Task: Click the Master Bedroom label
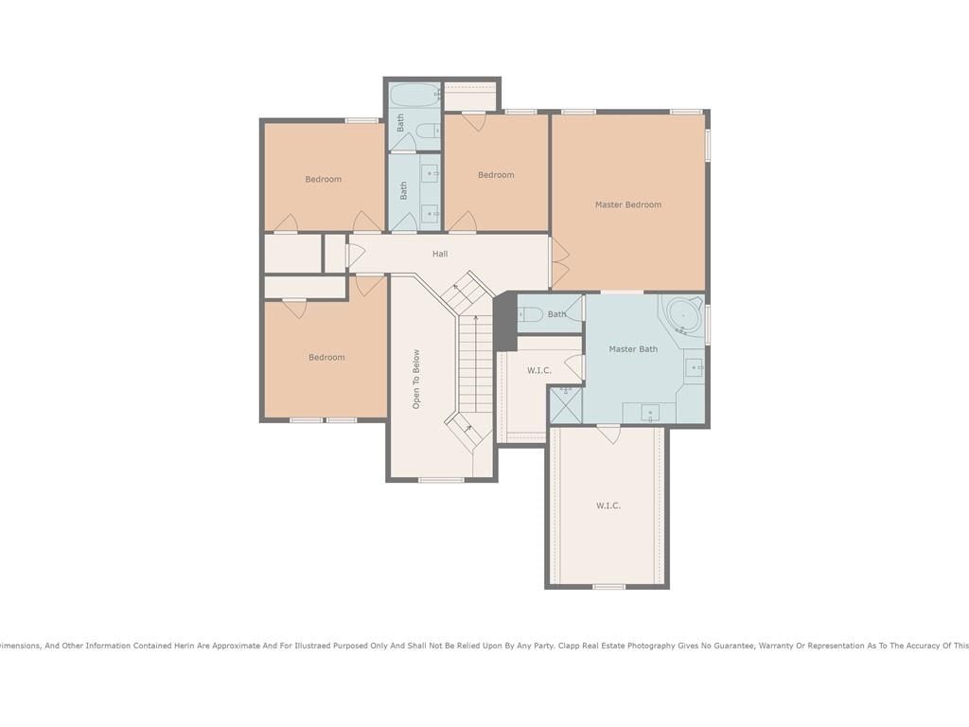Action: [628, 204]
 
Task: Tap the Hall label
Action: [440, 254]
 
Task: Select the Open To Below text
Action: [416, 379]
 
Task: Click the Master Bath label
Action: [633, 348]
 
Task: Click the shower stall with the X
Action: [566, 404]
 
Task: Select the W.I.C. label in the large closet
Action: [608, 505]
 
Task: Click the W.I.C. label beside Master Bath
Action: [538, 370]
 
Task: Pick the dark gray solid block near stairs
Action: [504, 320]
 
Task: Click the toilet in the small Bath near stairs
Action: [530, 314]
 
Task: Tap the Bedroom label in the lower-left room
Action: [326, 357]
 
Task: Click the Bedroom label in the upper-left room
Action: [324, 179]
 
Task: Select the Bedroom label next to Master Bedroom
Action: [496, 175]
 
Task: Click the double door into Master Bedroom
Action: [559, 262]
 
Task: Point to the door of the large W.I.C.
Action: [608, 434]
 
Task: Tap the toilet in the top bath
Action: [426, 131]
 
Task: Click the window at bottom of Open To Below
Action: [441, 480]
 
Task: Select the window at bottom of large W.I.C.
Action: [608, 586]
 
